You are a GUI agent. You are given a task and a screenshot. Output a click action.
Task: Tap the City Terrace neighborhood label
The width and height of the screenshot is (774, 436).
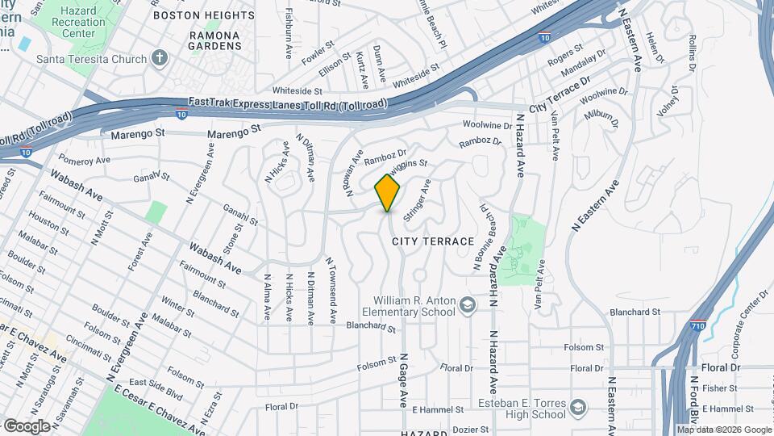[433, 241]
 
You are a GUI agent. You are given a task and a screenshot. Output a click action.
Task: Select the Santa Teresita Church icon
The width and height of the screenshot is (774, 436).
[160, 58]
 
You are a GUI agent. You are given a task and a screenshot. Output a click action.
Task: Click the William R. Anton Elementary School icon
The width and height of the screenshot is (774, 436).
[467, 305]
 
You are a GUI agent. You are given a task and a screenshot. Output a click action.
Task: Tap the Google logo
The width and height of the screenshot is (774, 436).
[27, 426]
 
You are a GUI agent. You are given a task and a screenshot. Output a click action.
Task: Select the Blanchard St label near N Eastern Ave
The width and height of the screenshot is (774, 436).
[635, 312]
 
